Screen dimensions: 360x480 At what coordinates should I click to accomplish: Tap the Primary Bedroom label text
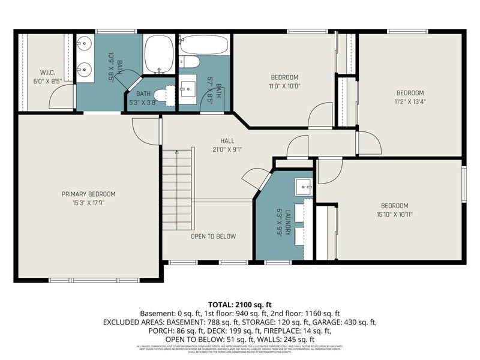point(89,194)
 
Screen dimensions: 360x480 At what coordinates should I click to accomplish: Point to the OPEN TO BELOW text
point(213,236)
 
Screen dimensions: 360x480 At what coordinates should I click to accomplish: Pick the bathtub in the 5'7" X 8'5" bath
point(204,46)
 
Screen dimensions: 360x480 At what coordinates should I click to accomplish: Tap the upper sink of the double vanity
point(85,43)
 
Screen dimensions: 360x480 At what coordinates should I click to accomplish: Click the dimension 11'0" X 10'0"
point(284,86)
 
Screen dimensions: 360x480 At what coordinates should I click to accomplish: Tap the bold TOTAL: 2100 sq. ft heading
point(240,305)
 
